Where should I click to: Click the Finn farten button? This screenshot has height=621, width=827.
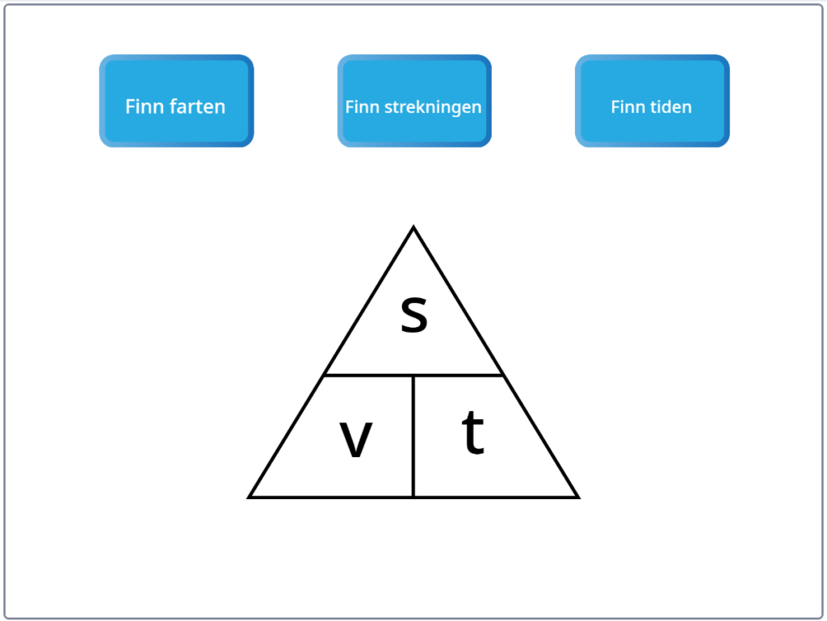click(x=177, y=101)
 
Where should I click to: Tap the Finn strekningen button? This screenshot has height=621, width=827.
click(x=414, y=101)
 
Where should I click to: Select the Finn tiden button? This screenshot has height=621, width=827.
click(x=653, y=101)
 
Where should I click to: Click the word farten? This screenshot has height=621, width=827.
click(x=195, y=107)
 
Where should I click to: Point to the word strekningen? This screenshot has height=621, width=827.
click(x=433, y=107)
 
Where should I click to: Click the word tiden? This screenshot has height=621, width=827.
click(x=671, y=107)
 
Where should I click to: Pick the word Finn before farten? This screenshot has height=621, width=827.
click(x=144, y=107)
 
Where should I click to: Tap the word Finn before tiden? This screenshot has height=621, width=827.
click(x=628, y=107)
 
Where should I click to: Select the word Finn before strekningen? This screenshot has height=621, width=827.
click(x=363, y=107)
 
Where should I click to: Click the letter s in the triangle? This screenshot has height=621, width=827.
click(x=414, y=314)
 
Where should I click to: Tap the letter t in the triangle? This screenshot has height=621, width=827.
click(x=473, y=432)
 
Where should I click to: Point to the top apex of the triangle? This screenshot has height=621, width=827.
click(x=413, y=227)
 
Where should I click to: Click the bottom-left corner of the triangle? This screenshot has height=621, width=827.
click(x=249, y=497)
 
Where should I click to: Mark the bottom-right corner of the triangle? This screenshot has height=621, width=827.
click(x=578, y=497)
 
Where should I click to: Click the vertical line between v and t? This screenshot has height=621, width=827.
click(x=413, y=436)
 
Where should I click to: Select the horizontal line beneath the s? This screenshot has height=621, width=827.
click(x=413, y=376)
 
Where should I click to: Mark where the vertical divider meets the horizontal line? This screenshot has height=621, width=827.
click(x=413, y=376)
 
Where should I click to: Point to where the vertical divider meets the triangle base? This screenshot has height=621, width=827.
click(x=413, y=497)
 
